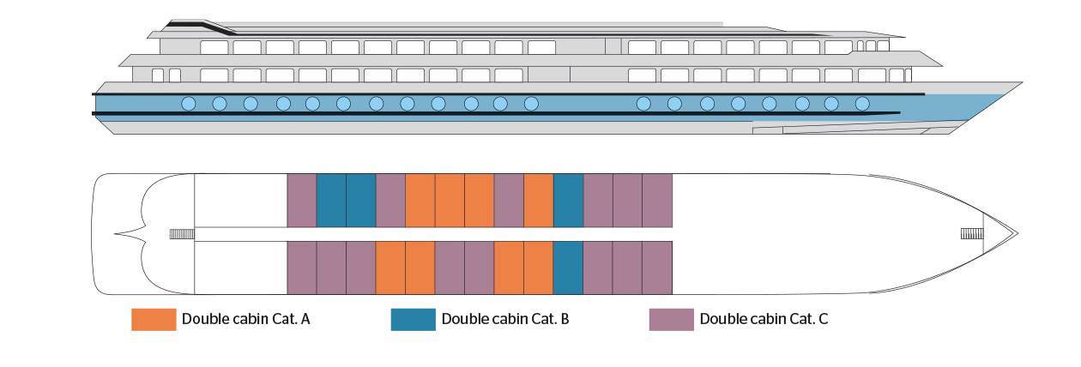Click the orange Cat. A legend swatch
(154, 319)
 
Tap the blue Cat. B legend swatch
(414, 319)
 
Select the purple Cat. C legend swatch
(672, 319)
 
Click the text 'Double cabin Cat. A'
(245, 319)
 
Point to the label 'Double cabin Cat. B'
(505, 319)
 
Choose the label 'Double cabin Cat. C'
(764, 319)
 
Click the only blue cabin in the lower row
(568, 268)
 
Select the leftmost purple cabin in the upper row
(302, 201)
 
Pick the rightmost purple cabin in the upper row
(657, 201)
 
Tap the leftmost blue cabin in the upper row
(331, 201)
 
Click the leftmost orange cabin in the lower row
(390, 268)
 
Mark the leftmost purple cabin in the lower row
(302, 268)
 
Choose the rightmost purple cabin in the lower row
(657, 268)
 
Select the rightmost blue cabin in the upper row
(568, 201)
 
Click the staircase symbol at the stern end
(182, 234)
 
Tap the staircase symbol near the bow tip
(971, 234)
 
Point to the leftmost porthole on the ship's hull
(188, 104)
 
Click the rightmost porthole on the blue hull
(862, 104)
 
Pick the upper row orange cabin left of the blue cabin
(539, 201)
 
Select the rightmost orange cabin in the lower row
(539, 268)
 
